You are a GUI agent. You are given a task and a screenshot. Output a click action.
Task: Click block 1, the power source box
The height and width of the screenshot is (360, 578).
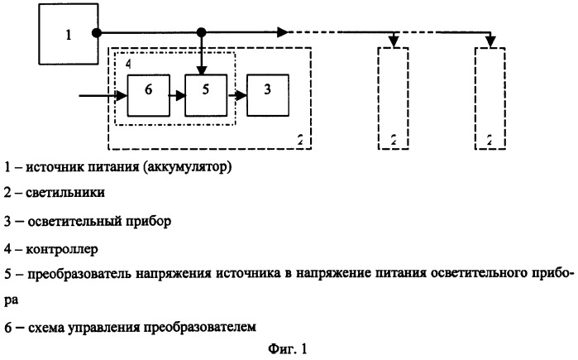coord(69,34)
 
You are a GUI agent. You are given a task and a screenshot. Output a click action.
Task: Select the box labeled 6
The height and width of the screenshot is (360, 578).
coord(149,95)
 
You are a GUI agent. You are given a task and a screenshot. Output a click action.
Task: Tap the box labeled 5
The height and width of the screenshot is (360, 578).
coord(206,95)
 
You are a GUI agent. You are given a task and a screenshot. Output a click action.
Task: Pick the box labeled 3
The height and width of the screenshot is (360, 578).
coord(268,95)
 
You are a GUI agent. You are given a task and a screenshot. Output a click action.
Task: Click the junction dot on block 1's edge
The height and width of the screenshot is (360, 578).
coord(97,33)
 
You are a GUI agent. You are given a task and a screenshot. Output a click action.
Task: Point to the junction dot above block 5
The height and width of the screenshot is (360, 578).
coord(201,33)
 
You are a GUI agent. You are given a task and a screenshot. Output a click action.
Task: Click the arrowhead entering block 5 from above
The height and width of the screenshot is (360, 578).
coord(201,70)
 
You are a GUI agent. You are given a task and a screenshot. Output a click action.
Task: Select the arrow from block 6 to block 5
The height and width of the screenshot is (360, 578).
coord(177,96)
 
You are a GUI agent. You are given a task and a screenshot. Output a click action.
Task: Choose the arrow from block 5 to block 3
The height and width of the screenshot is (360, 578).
coord(237,96)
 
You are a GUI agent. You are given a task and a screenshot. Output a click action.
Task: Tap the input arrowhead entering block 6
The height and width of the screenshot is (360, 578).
coord(122,96)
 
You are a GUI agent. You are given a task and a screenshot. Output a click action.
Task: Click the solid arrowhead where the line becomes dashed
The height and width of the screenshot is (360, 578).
coord(282,32)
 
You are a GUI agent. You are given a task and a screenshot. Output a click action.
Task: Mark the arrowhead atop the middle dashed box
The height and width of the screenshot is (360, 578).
coord(394,42)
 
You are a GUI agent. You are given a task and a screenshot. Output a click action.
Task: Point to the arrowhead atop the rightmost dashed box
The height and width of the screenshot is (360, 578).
coord(490,42)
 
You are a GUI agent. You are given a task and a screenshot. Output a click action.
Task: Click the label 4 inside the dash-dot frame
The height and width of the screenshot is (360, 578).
coord(128,64)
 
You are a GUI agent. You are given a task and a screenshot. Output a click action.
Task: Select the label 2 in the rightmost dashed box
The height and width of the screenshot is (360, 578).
coord(490,140)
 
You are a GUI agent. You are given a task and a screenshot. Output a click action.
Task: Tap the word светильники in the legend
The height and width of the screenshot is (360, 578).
coord(65,192)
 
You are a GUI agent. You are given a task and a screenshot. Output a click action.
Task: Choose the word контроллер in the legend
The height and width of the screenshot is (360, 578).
coord(62,249)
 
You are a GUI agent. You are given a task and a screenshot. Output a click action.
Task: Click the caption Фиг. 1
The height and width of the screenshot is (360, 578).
coord(288,348)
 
